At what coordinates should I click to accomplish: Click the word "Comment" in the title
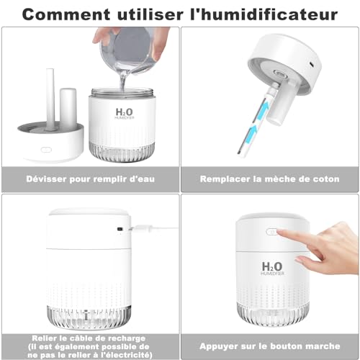pyautogui.click(x=66, y=14)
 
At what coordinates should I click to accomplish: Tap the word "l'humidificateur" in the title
pyautogui.click(x=264, y=14)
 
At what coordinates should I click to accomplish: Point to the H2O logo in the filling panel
pyautogui.click(x=124, y=112)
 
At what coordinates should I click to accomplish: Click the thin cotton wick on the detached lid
pyautogui.click(x=50, y=99)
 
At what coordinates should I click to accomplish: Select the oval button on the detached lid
pyautogui.click(x=46, y=150)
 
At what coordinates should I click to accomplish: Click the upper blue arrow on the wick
pyautogui.click(x=263, y=112)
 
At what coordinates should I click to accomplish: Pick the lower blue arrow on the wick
pyautogui.click(x=252, y=133)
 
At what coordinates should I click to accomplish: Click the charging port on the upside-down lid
pyautogui.click(x=312, y=64)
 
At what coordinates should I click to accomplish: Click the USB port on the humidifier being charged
pyautogui.click(x=120, y=229)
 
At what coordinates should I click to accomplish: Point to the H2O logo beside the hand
pyautogui.click(x=272, y=267)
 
